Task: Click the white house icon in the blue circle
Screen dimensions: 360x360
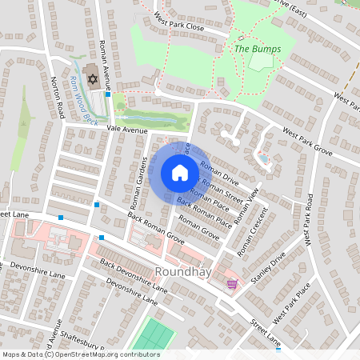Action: [x=180, y=173]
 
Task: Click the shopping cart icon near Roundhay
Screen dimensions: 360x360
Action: [x=232, y=283]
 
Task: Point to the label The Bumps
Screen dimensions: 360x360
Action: [x=251, y=50]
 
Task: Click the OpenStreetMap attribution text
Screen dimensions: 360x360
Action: [x=81, y=354]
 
